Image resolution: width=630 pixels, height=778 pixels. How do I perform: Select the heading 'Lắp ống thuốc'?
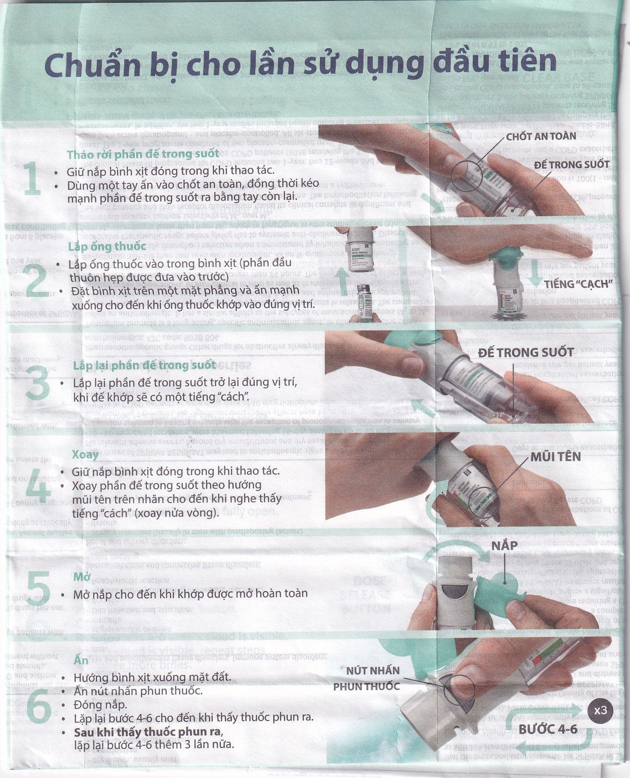coord(107,246)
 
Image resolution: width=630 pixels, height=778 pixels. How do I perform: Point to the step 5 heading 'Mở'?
coord(81,577)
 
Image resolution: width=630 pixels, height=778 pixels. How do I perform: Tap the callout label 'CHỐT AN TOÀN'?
coord(541,136)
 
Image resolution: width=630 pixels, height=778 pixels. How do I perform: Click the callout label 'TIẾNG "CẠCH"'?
coord(577,284)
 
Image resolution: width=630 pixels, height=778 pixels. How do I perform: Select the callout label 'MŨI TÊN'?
coord(555,456)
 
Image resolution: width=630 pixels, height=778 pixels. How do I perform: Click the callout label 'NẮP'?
coord(504,546)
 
